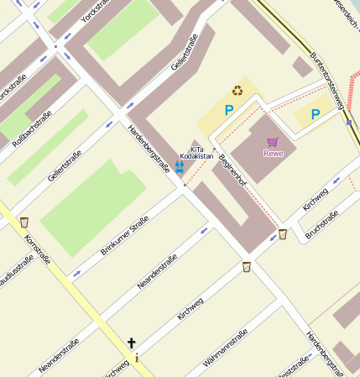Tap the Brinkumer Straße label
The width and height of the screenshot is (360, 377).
point(124,235)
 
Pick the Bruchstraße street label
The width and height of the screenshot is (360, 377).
point(322,225)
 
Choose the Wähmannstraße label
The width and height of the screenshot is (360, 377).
point(226,351)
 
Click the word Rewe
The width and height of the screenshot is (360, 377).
point(273,154)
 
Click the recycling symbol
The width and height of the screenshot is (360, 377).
point(237,90)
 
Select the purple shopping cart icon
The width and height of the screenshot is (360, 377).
point(272,142)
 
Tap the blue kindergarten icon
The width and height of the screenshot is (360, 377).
point(179,166)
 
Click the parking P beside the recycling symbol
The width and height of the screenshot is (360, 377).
point(228,109)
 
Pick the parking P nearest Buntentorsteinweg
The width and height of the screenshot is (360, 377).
point(316,114)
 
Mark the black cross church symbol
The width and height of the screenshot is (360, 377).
point(131,343)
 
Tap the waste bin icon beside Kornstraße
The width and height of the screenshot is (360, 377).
point(23,223)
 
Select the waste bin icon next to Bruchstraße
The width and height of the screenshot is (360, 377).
point(282,234)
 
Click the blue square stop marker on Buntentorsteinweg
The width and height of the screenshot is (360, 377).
point(348,122)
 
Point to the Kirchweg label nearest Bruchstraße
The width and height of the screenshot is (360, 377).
point(316,198)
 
